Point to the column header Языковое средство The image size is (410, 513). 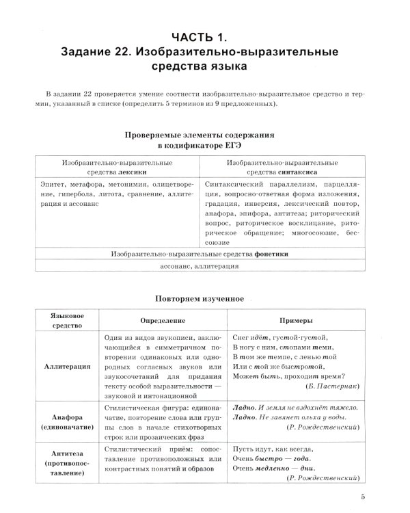point(68,321)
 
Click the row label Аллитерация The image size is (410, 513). point(68,367)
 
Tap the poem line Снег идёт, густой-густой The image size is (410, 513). point(281,337)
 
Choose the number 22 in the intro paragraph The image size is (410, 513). point(84,92)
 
